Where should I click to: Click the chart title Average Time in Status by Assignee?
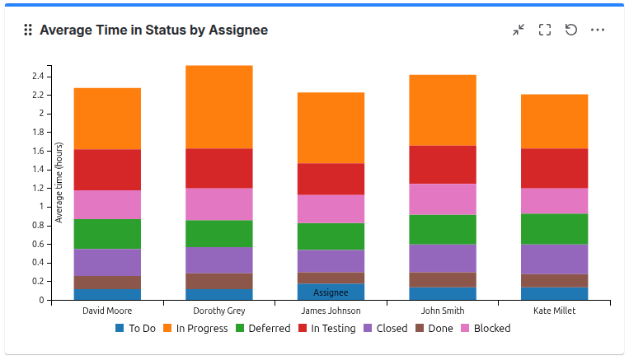[153, 30]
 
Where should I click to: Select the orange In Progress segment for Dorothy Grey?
[218, 107]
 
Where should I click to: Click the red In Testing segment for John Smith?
[443, 165]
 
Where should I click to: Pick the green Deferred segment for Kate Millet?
[554, 229]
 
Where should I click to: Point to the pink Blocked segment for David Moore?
[107, 204]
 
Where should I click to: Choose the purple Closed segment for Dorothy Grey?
[218, 260]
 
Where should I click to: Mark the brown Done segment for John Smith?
[443, 279]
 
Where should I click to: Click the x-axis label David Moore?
[107, 311]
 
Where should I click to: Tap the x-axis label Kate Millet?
[554, 311]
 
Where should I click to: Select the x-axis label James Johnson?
[331, 311]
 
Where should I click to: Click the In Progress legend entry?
[196, 328]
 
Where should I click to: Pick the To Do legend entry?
[135, 328]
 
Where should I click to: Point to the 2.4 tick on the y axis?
[38, 77]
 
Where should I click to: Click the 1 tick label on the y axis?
[40, 207]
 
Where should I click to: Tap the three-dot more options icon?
[598, 30]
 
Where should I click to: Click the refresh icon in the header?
[571, 30]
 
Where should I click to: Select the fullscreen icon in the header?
[544, 30]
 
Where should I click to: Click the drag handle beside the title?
[27, 30]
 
